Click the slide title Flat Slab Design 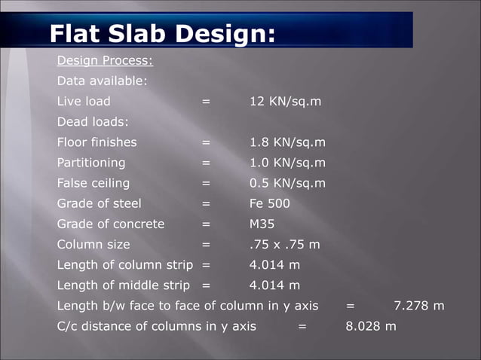tap(161, 33)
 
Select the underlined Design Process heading tap(105, 60)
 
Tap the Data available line tap(102, 81)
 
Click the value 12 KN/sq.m tap(285, 101)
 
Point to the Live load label tap(83, 101)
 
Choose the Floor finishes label tap(97, 142)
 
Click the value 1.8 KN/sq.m tap(287, 142)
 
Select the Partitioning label tap(91, 162)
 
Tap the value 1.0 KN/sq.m tap(287, 162)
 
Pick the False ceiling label tap(93, 183)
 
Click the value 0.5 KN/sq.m tap(287, 183)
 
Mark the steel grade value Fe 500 tap(269, 203)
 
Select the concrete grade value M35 tap(262, 224)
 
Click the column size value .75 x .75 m tap(284, 244)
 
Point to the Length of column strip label tap(124, 265)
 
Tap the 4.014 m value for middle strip tap(274, 285)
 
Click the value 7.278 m tap(419, 306)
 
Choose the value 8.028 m tap(370, 326)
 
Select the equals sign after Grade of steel tap(206, 203)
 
